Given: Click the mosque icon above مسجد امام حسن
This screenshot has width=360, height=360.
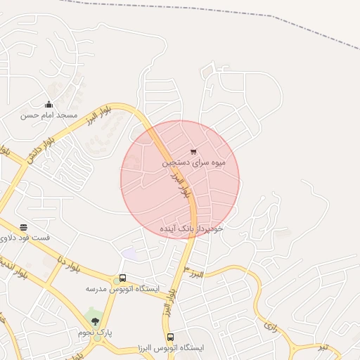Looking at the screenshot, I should tap(49, 105).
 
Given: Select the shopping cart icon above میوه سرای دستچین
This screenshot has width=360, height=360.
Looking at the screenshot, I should tap(193, 151).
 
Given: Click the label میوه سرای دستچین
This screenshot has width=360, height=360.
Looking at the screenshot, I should tap(194, 162).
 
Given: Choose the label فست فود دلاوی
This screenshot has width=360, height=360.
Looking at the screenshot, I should tap(25, 238).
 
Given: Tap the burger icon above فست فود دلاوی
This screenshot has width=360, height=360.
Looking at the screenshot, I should tap(24, 227).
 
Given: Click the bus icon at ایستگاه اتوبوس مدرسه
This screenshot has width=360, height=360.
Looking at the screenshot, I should tap(123, 278).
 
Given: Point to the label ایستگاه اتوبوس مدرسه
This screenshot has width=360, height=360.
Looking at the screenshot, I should tap(123, 289).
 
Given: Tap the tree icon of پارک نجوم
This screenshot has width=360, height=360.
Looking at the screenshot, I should tap(95, 321).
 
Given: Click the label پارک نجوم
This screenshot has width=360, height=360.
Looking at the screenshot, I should tap(95, 332).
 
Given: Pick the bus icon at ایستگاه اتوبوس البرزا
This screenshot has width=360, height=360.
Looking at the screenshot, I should tap(170, 337).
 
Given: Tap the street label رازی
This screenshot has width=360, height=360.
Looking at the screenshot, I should tap(271, 326).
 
